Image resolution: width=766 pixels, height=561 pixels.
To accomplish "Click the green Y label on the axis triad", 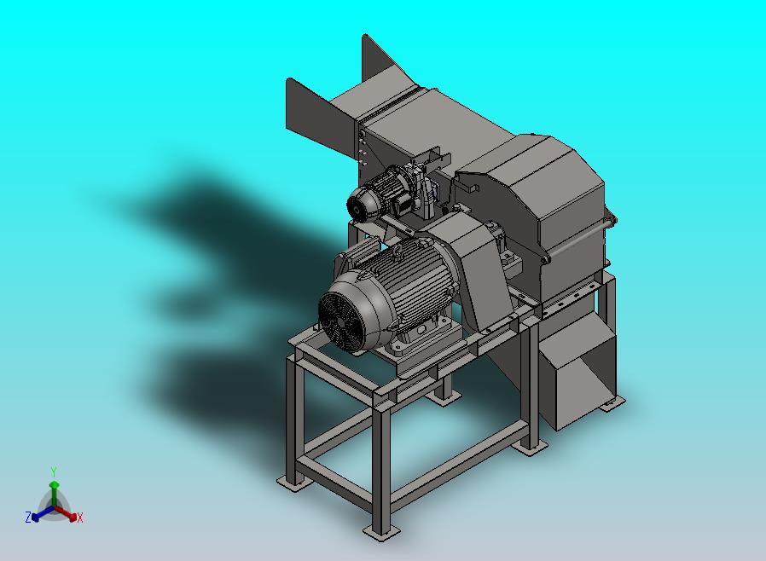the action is point(54,471).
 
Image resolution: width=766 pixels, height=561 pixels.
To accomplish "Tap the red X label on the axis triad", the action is point(80,518).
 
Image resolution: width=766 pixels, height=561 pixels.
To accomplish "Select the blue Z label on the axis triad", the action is point(28,517).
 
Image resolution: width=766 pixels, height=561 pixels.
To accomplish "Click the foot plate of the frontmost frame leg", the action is point(381,532).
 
